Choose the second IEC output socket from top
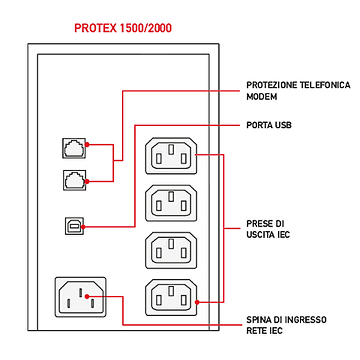(171, 201)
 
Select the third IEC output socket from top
(171, 248)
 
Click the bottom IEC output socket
(171, 296)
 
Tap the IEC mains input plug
(80, 297)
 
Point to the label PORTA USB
(269, 125)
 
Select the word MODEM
(262, 96)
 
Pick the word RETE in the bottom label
(257, 330)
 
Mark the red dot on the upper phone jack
(87, 145)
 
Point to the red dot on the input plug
(87, 296)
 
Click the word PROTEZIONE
(274, 85)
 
